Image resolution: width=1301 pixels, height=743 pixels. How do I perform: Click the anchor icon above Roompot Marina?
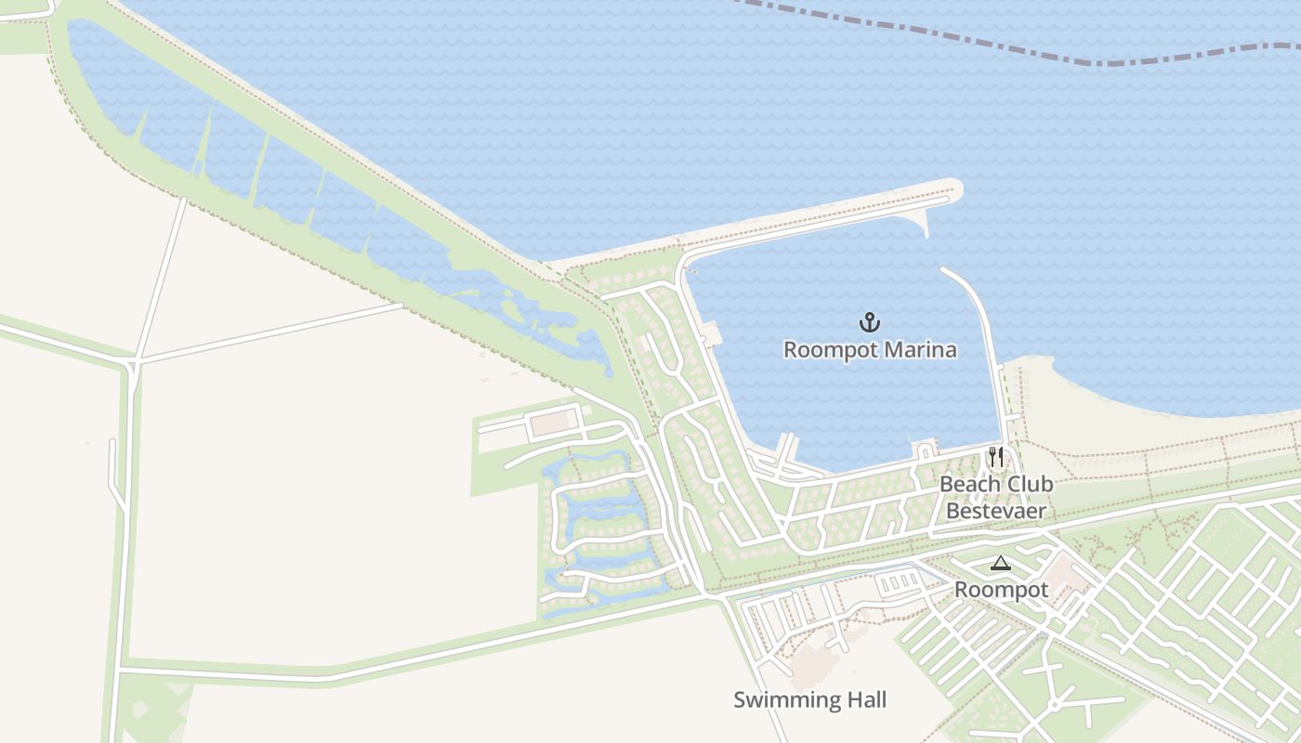click(x=869, y=322)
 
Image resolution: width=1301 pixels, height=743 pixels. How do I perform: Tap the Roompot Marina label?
click(x=870, y=350)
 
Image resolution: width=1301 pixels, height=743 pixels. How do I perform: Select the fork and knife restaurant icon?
click(x=996, y=457)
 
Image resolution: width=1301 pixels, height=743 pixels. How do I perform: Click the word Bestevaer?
click(x=996, y=511)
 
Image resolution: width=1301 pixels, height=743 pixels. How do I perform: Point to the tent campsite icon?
click(x=1000, y=563)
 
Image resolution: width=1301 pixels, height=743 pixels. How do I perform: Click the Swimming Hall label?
click(x=810, y=699)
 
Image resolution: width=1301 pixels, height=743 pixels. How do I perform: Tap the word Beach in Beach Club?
click(x=967, y=484)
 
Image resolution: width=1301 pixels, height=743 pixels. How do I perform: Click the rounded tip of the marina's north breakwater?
click(x=953, y=189)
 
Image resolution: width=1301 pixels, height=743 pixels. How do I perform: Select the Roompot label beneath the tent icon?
click(x=1002, y=590)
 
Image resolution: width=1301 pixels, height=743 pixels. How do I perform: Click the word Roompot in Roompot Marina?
click(x=827, y=350)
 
